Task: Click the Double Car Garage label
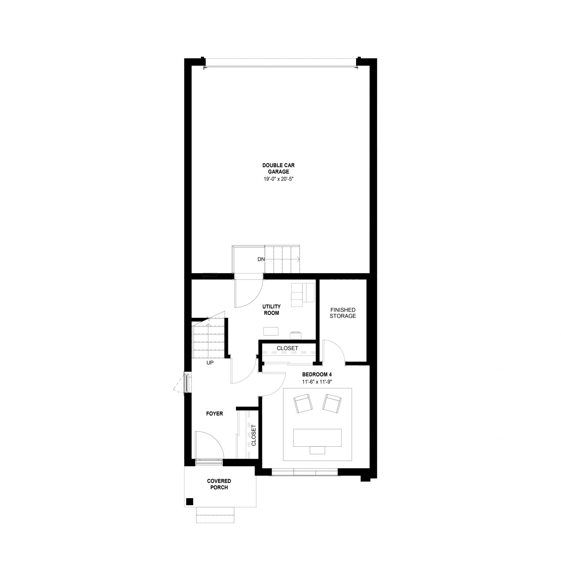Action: click(x=278, y=168)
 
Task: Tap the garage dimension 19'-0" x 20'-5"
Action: click(x=279, y=179)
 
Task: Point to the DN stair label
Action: click(x=261, y=259)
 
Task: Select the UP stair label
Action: click(x=210, y=363)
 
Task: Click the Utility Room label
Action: click(x=271, y=310)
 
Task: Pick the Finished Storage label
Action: click(x=343, y=313)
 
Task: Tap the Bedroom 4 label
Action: click(x=317, y=374)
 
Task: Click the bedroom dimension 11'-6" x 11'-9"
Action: click(x=317, y=382)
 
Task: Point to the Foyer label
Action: click(x=214, y=414)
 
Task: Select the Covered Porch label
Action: click(x=219, y=484)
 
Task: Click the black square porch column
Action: click(x=189, y=501)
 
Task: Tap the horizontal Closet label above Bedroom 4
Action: click(x=287, y=348)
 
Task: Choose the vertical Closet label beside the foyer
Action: click(x=253, y=435)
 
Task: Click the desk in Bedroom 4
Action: click(x=317, y=438)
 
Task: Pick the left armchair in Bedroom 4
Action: click(x=303, y=404)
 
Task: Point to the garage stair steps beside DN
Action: click(x=282, y=259)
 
